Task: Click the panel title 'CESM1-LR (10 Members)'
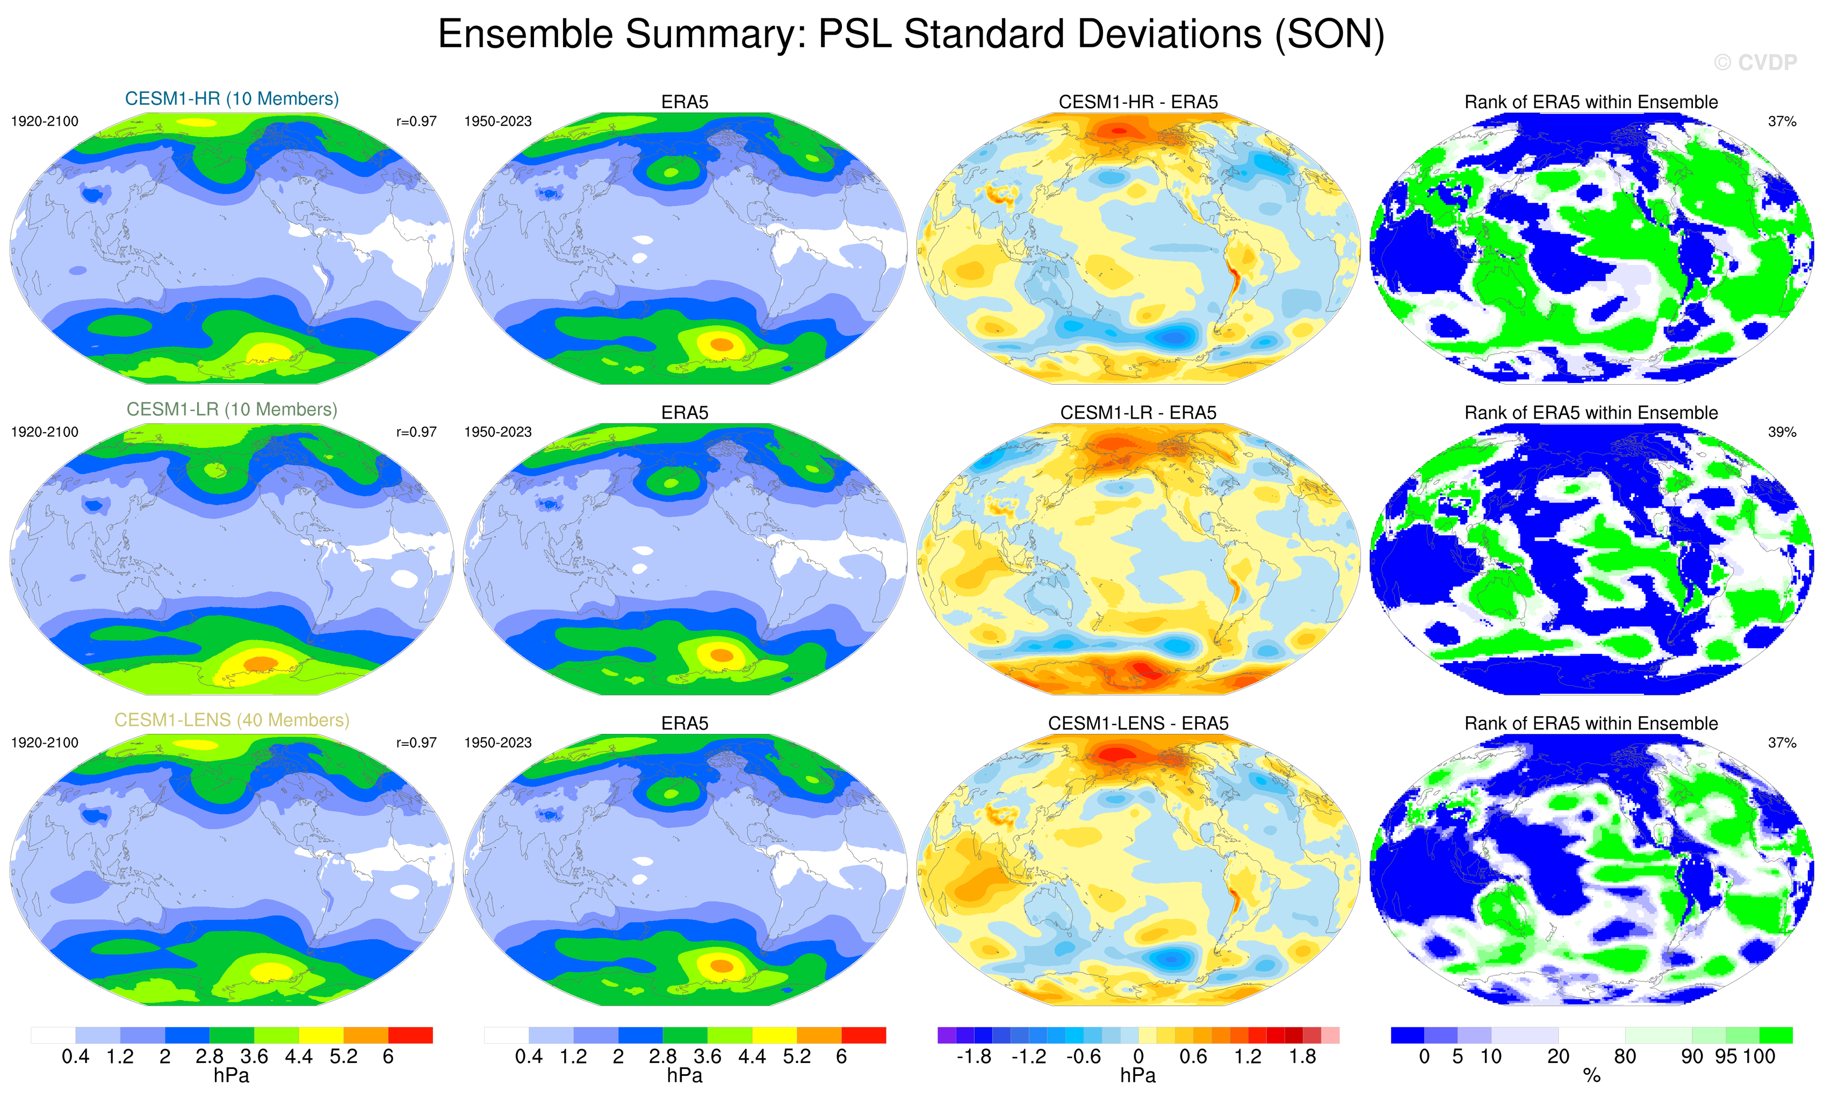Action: click(x=232, y=409)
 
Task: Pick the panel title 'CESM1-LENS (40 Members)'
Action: click(x=232, y=720)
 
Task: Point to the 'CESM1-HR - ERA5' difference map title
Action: click(x=1138, y=102)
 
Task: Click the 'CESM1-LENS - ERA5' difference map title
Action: click(x=1138, y=723)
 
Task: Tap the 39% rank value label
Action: click(x=1782, y=432)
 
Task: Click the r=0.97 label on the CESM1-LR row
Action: click(x=416, y=432)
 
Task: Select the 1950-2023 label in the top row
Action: click(x=498, y=121)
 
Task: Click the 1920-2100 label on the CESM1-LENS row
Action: click(x=45, y=743)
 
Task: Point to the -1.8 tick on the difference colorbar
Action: click(x=974, y=1057)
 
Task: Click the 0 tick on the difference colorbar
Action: click(x=1138, y=1057)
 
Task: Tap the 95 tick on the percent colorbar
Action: click(x=1726, y=1057)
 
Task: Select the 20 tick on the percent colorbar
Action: click(x=1558, y=1057)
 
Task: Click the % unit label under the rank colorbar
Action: click(x=1591, y=1076)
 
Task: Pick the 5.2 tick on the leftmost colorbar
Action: click(x=343, y=1057)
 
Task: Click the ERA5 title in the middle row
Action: click(x=685, y=413)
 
